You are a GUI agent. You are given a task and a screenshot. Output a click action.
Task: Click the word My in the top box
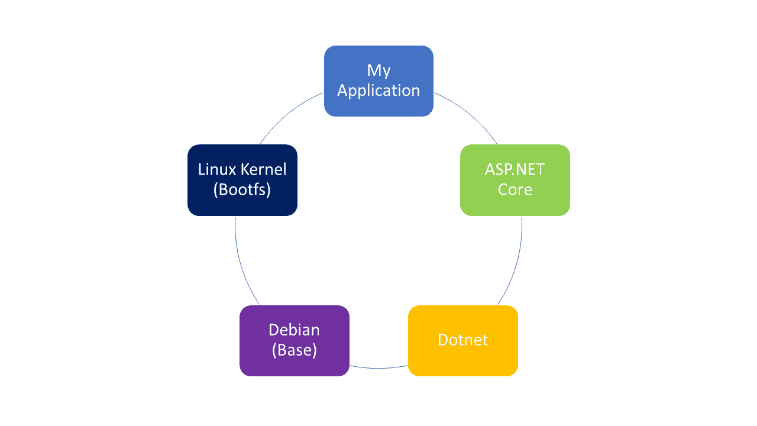[378, 70]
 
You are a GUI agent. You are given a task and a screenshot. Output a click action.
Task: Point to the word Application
[378, 91]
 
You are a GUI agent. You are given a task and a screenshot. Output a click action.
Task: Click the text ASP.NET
[515, 169]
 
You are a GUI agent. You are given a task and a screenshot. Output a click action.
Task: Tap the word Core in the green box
[515, 190]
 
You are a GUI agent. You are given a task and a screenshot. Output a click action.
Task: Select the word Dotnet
[462, 340]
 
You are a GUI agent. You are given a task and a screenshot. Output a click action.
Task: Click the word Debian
[294, 330]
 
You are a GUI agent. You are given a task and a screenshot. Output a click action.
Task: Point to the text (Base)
[294, 350]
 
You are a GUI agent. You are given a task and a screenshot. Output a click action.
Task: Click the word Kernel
[264, 169]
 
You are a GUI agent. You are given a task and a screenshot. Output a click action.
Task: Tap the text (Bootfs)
[242, 190]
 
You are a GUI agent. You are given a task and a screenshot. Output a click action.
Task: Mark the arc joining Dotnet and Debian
[378, 368]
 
